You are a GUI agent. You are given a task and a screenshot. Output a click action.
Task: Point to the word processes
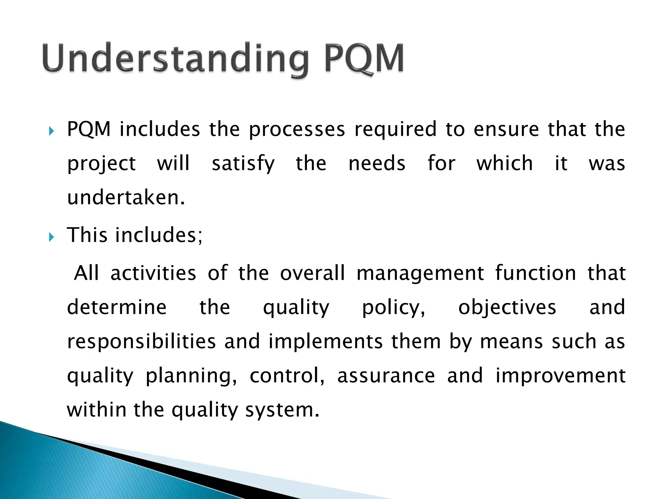click(x=297, y=130)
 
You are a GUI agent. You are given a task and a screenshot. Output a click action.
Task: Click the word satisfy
click(x=243, y=164)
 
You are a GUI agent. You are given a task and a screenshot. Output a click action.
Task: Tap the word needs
click(x=377, y=163)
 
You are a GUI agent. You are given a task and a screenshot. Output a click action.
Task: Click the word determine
click(x=117, y=307)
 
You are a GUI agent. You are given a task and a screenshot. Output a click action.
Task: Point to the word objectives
click(x=507, y=308)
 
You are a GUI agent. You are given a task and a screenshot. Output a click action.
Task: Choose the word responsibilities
click(x=141, y=342)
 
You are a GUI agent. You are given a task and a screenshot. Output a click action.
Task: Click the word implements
click(x=326, y=342)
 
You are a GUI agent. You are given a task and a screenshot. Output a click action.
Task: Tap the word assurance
click(x=386, y=376)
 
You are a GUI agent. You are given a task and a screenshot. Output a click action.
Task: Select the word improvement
click(x=560, y=376)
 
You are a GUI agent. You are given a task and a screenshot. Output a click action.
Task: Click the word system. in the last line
click(x=282, y=410)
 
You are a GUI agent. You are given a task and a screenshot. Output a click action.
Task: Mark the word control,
click(x=287, y=376)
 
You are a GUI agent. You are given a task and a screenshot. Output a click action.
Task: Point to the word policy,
click(x=393, y=308)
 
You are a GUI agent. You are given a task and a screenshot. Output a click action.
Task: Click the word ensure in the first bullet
click(x=506, y=130)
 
